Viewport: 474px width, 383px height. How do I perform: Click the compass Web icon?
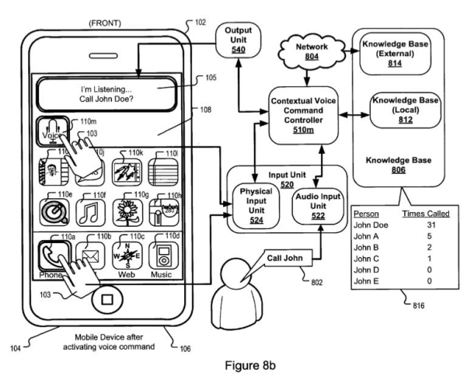130,255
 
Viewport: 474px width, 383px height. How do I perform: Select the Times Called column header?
424,212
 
